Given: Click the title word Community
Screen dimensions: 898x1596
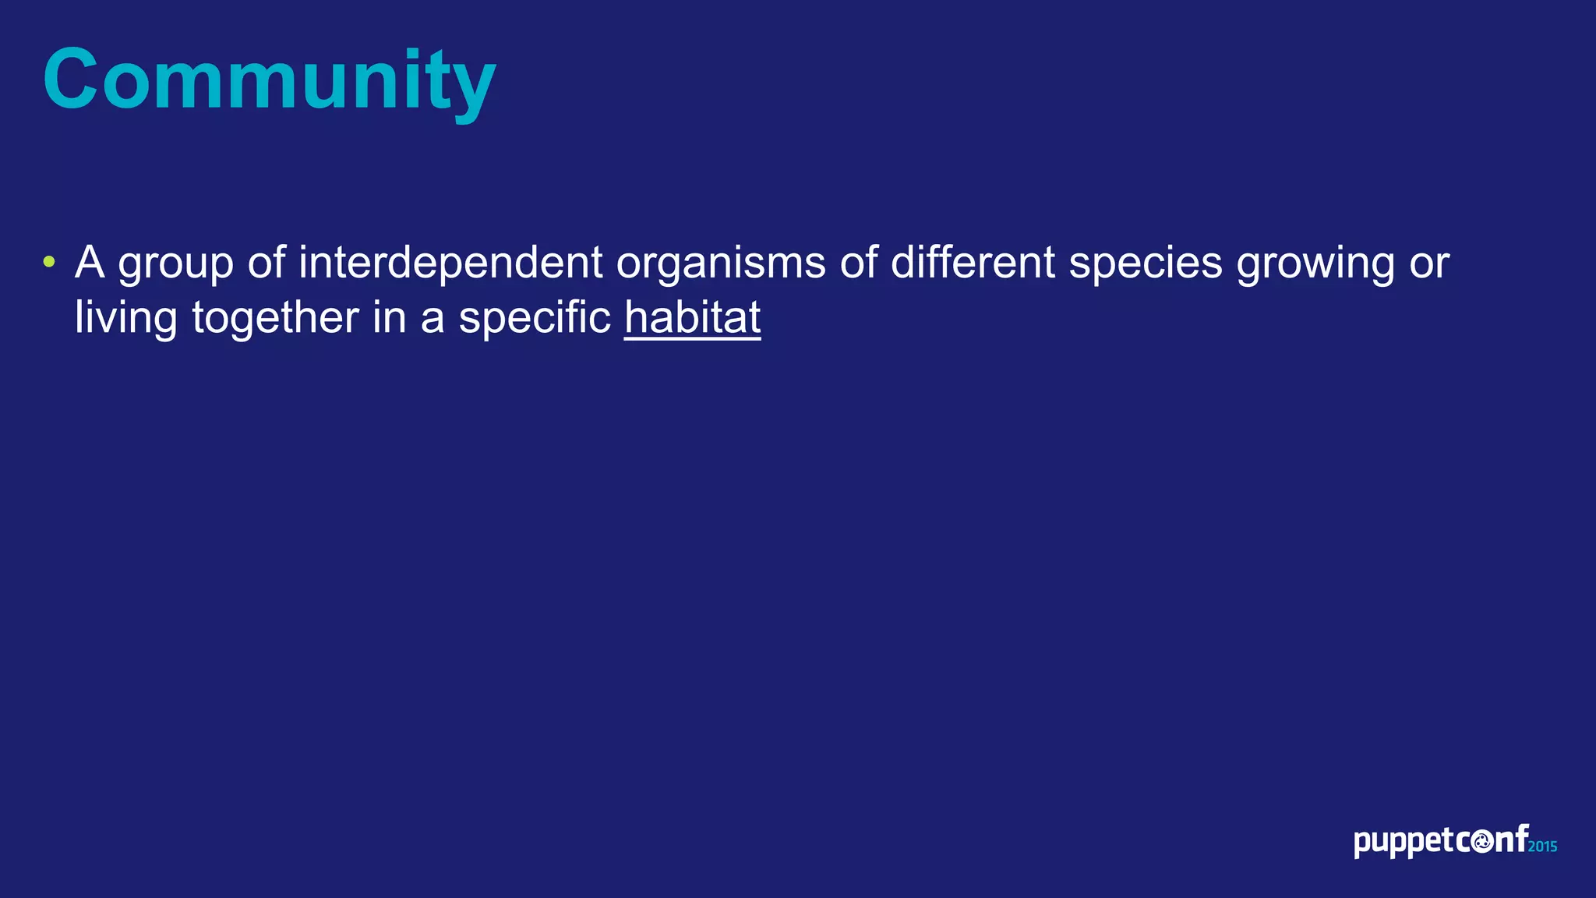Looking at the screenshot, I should tap(269, 80).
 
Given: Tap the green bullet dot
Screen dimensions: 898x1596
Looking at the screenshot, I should tap(49, 262).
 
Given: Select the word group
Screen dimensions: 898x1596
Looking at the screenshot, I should tap(175, 263).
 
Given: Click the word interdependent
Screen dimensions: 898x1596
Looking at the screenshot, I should tap(450, 262).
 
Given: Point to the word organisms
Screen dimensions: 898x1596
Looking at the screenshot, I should tap(721, 263).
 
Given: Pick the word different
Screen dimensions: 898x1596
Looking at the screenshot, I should tap(973, 262).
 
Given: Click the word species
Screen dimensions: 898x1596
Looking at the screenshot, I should tap(1146, 263).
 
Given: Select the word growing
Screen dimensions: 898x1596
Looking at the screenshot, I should tap(1315, 263).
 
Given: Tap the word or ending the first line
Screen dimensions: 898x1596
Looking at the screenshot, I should tap(1429, 263).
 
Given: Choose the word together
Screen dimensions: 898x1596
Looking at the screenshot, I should tap(275, 318).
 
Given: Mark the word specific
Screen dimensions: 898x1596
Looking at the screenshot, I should tap(535, 318).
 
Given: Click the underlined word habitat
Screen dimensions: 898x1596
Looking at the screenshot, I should tap(692, 318).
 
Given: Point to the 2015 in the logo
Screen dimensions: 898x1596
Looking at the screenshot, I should tap(1542, 847).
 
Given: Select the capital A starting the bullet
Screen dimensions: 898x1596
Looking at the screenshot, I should tap(90, 262).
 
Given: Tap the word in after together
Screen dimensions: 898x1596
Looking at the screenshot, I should tap(389, 318).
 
